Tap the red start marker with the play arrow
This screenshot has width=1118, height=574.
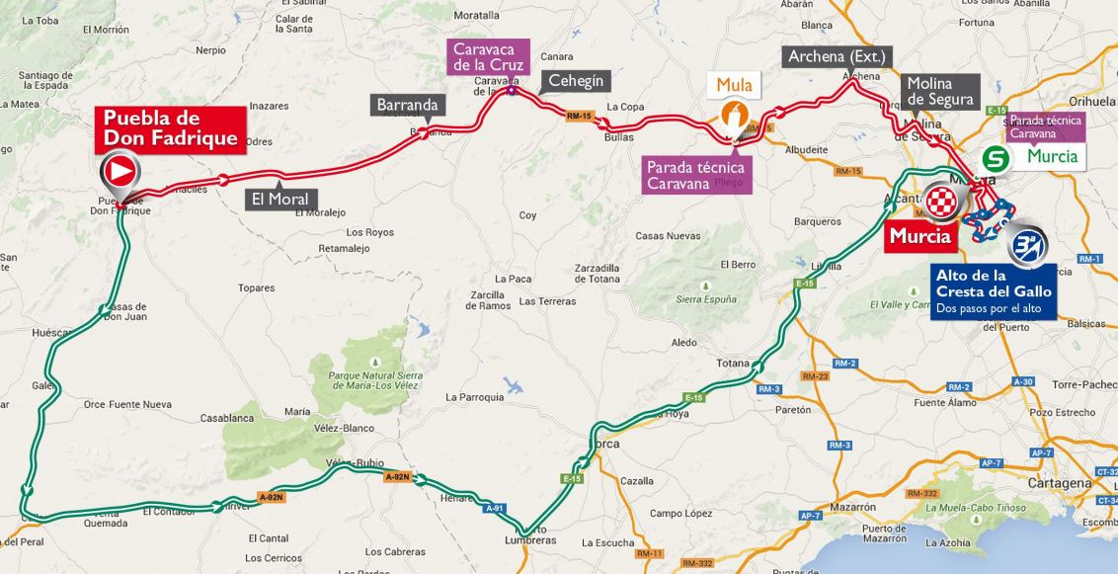point(119,172)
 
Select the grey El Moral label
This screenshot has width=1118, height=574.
point(279,199)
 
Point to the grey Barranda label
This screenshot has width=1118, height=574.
point(406,105)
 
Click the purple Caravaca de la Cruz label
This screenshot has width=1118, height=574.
point(489,58)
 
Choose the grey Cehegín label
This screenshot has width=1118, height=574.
point(575,81)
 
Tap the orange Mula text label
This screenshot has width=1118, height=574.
point(734,85)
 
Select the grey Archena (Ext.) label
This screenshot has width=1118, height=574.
point(837,56)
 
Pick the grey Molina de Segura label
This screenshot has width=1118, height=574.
point(939,92)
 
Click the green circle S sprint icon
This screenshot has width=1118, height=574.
point(996,157)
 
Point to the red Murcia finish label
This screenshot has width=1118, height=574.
point(919,236)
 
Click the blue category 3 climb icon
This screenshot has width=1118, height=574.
point(1027,242)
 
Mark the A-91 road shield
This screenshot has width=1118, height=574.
point(494,508)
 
